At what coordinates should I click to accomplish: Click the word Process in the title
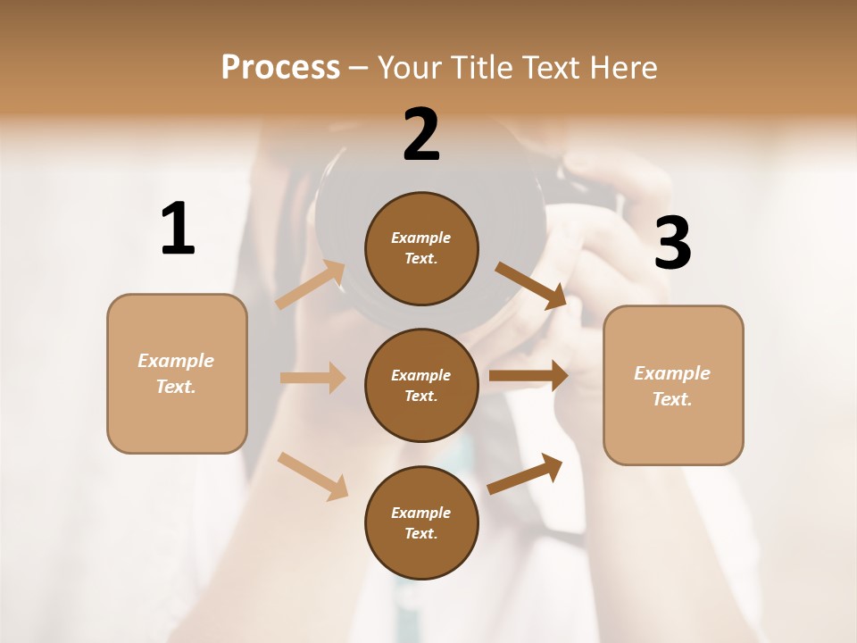click(280, 67)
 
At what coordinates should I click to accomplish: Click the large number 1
click(178, 230)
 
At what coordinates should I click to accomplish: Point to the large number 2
click(421, 135)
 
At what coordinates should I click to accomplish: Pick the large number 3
click(673, 244)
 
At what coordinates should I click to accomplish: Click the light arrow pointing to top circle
click(311, 285)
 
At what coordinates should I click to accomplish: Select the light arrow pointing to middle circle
click(312, 378)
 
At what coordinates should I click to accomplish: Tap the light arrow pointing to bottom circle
click(313, 476)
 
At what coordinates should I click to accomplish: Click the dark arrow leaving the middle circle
click(528, 376)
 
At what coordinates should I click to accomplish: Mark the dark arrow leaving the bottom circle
click(526, 473)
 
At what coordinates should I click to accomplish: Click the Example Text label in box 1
click(176, 373)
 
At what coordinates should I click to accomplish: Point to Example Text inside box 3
click(672, 386)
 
